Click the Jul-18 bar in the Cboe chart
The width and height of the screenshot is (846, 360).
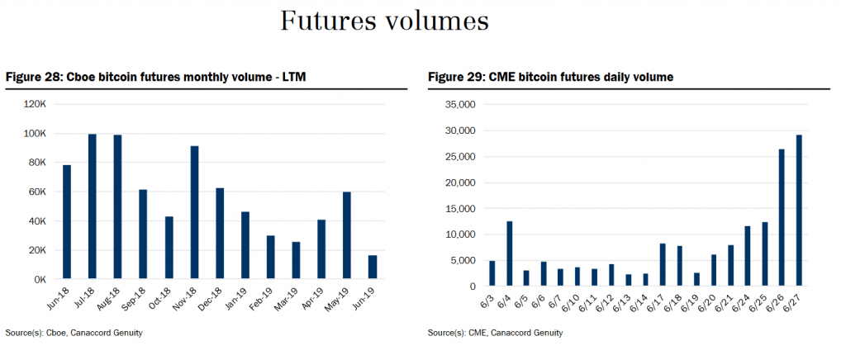tap(93, 206)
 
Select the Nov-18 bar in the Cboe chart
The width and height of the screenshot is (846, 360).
tap(194, 212)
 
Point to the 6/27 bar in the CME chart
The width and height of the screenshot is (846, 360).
tap(799, 210)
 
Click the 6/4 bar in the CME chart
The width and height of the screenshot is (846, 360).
tap(510, 253)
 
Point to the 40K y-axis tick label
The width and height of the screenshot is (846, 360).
tap(38, 221)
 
